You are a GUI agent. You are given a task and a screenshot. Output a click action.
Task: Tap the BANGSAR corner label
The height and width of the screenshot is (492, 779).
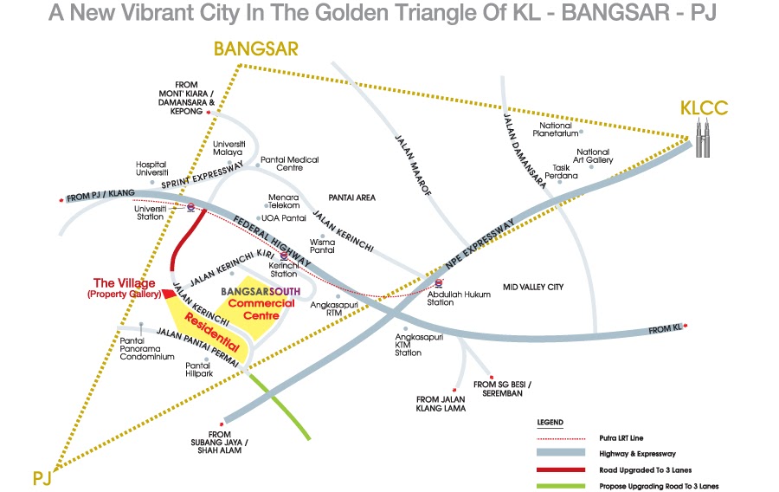[257, 49]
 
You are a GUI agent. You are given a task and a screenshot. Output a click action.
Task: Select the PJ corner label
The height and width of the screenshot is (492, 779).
[42, 476]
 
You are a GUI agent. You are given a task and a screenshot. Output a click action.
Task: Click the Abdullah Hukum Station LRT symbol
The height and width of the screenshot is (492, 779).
[438, 282]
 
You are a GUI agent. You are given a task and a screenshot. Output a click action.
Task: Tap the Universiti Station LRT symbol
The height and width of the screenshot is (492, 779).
[190, 206]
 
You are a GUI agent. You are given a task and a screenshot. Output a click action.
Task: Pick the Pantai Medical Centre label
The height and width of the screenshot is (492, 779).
[290, 165]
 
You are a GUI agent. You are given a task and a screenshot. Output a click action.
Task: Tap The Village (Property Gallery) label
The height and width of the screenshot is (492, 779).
[124, 288]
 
